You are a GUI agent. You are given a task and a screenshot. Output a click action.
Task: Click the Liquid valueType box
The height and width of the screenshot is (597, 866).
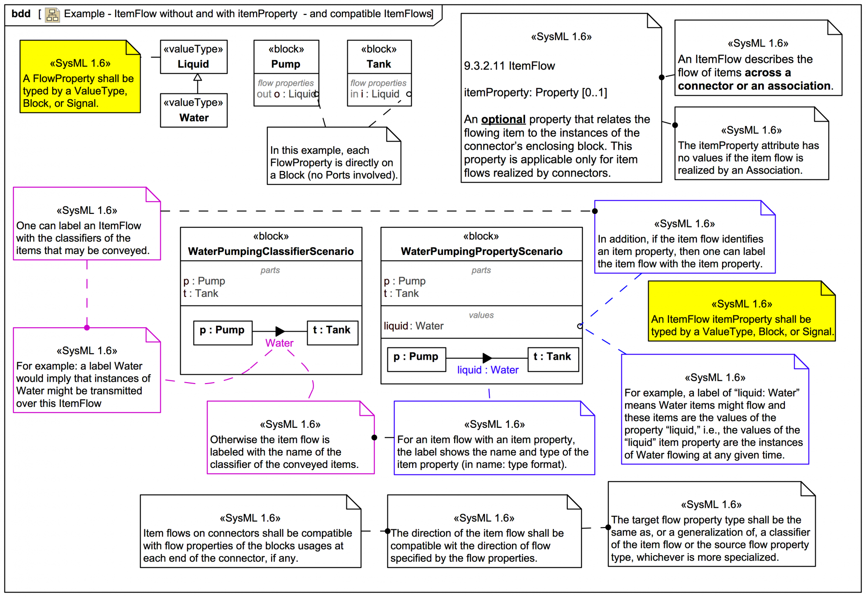point(193,57)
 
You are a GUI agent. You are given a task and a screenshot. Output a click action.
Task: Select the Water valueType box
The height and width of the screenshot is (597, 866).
point(193,111)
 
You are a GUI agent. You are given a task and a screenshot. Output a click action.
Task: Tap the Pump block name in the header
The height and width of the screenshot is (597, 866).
point(286,64)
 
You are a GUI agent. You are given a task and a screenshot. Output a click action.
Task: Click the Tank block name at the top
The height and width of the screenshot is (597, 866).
point(379,64)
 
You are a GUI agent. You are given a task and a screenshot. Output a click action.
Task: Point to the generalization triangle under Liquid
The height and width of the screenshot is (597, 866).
point(198,78)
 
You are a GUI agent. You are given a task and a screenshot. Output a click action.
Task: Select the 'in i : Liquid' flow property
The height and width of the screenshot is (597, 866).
point(375,94)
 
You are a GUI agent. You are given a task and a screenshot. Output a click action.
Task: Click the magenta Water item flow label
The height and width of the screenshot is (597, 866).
point(279,343)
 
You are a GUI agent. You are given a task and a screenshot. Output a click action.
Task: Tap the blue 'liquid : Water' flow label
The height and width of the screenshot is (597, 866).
point(488,370)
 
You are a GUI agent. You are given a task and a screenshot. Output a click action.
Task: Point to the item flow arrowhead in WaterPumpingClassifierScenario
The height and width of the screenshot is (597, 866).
point(280,331)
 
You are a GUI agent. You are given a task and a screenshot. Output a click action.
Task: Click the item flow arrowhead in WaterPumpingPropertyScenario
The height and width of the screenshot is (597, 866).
point(487,358)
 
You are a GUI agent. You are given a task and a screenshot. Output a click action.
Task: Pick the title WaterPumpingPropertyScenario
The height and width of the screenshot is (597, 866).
point(481,251)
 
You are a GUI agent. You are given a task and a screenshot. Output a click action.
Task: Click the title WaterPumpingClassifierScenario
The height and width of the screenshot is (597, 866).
point(271,251)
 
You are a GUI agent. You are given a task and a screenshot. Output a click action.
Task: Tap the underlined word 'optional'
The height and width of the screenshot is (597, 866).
point(503,119)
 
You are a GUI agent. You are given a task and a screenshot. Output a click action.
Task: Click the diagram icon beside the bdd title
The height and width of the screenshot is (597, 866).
point(52,15)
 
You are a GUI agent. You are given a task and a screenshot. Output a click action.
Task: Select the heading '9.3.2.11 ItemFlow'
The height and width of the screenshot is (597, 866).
point(509,66)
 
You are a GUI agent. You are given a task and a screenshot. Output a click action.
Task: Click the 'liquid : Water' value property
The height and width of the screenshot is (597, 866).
point(414,326)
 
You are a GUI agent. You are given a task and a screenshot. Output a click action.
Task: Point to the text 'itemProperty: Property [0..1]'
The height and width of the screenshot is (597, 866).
point(535,93)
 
